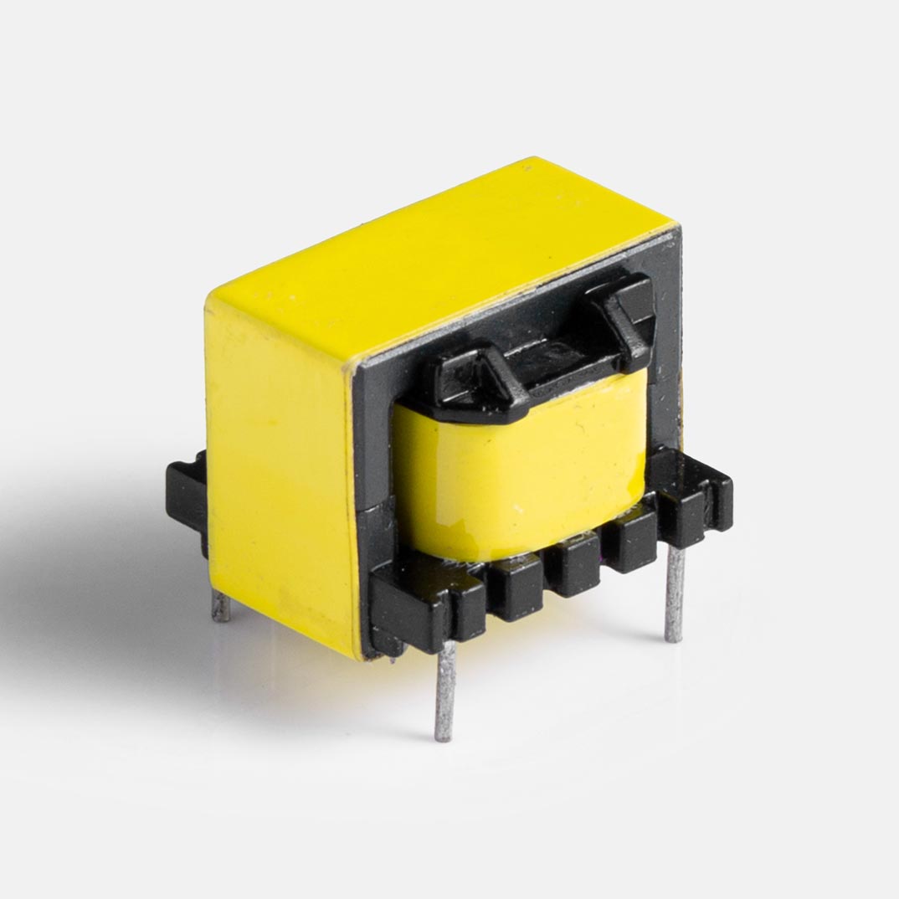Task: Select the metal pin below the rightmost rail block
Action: tap(675, 594)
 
